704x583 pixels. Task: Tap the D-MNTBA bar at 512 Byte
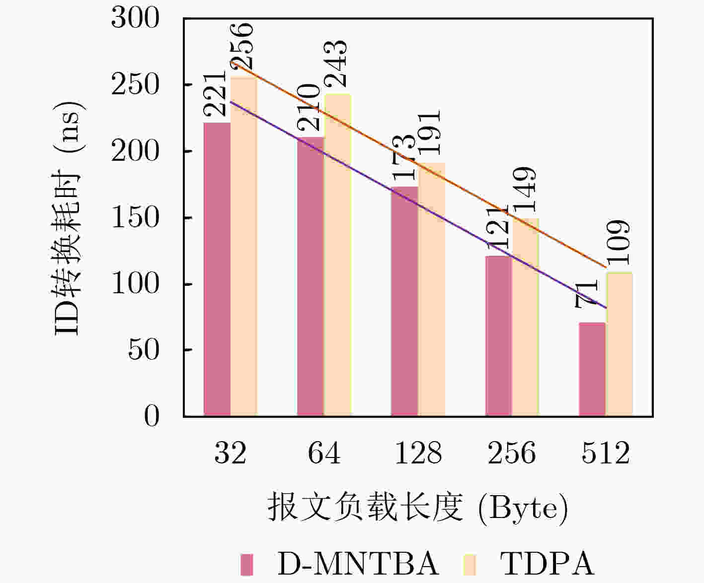pos(592,369)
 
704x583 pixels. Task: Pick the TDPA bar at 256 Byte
pos(526,317)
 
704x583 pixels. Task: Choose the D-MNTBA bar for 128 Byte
pos(404,301)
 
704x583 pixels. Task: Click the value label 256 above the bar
pos(243,46)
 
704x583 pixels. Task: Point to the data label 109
pos(619,243)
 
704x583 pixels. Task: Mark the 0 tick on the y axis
pos(151,416)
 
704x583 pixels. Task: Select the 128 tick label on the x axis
pos(418,453)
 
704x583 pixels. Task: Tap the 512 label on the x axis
pos(606,453)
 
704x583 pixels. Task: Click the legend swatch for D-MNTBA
pos(247,564)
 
